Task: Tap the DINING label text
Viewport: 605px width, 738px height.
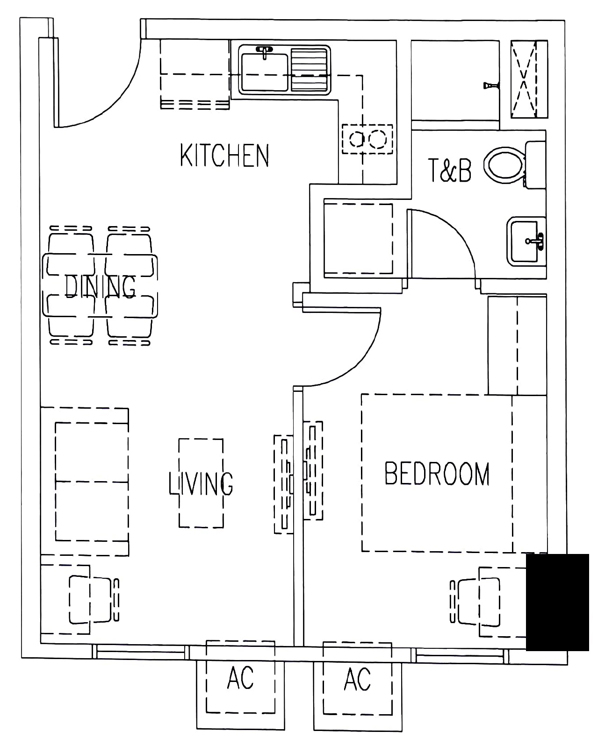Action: pyautogui.click(x=100, y=287)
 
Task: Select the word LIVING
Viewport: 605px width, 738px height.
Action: pyautogui.click(x=201, y=483)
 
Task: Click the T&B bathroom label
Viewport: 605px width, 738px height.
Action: pyautogui.click(x=450, y=170)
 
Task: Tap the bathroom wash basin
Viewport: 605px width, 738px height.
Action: pyautogui.click(x=526, y=241)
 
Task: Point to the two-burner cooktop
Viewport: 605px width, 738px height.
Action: pyautogui.click(x=367, y=139)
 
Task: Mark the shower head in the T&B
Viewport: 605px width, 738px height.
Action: pyautogui.click(x=491, y=85)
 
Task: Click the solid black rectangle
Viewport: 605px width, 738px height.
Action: pyautogui.click(x=557, y=602)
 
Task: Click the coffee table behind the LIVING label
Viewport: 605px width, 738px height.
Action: pyautogui.click(x=201, y=483)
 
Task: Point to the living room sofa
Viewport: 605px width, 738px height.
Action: pyautogui.click(x=85, y=482)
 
